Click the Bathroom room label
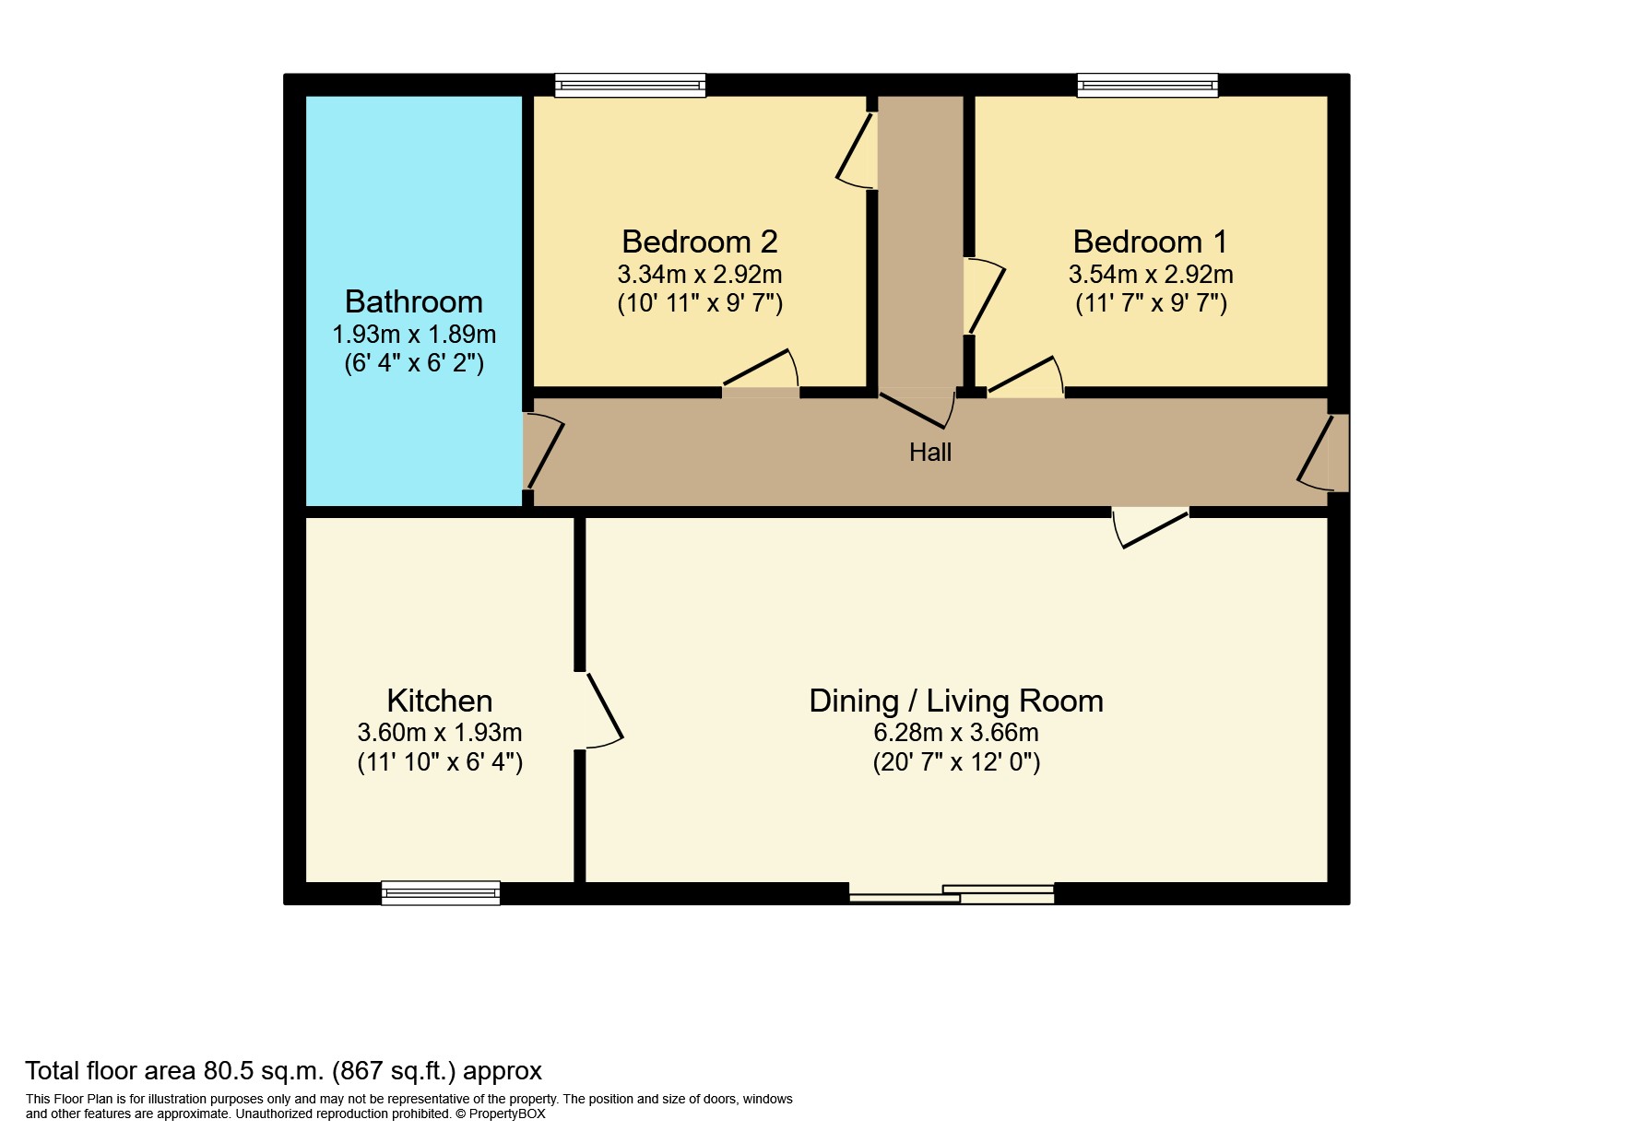point(413,301)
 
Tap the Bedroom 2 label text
point(699,242)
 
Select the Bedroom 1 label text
point(1150,242)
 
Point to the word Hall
point(929,452)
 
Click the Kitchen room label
point(439,701)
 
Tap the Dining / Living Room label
point(955,701)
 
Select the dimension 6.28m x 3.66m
point(955,733)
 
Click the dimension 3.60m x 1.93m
point(439,733)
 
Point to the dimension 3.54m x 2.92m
point(1150,274)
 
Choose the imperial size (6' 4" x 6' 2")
point(413,363)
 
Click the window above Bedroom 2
point(630,86)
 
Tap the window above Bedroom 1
point(1147,86)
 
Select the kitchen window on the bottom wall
point(440,892)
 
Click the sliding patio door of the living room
point(952,893)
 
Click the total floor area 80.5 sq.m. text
point(283,1070)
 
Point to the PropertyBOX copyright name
point(506,1114)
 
